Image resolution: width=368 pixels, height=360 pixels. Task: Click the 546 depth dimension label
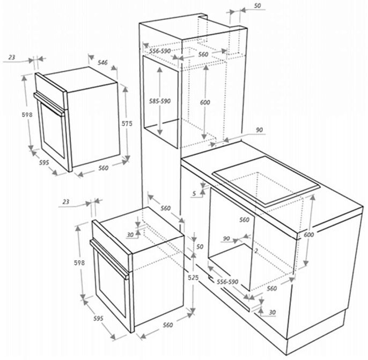click(102, 62)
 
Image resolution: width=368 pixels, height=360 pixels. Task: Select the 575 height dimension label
click(127, 123)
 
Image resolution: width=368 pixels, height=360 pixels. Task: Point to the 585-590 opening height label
click(160, 101)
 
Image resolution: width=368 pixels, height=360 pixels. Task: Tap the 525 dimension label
click(193, 277)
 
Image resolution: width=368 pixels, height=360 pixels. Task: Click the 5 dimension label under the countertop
click(194, 193)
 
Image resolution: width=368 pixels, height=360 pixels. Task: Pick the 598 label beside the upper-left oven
click(27, 115)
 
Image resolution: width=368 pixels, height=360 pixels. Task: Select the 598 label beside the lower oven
click(79, 263)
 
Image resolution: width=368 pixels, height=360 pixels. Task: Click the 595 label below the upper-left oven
click(44, 162)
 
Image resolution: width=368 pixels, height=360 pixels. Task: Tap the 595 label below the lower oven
click(98, 319)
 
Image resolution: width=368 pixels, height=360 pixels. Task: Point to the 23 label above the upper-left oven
click(12, 57)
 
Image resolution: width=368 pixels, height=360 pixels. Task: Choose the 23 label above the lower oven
click(66, 201)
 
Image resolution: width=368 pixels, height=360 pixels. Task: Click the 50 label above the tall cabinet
click(257, 5)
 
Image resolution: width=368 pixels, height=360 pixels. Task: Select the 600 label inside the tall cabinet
click(205, 102)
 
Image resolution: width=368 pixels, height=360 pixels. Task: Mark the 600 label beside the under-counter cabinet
click(308, 235)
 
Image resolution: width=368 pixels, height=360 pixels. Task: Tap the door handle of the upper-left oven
click(50, 104)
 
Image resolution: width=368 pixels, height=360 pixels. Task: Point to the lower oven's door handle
click(109, 259)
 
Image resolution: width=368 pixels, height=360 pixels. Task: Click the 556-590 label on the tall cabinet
click(160, 51)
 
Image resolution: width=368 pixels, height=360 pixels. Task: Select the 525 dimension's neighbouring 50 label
click(200, 246)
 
